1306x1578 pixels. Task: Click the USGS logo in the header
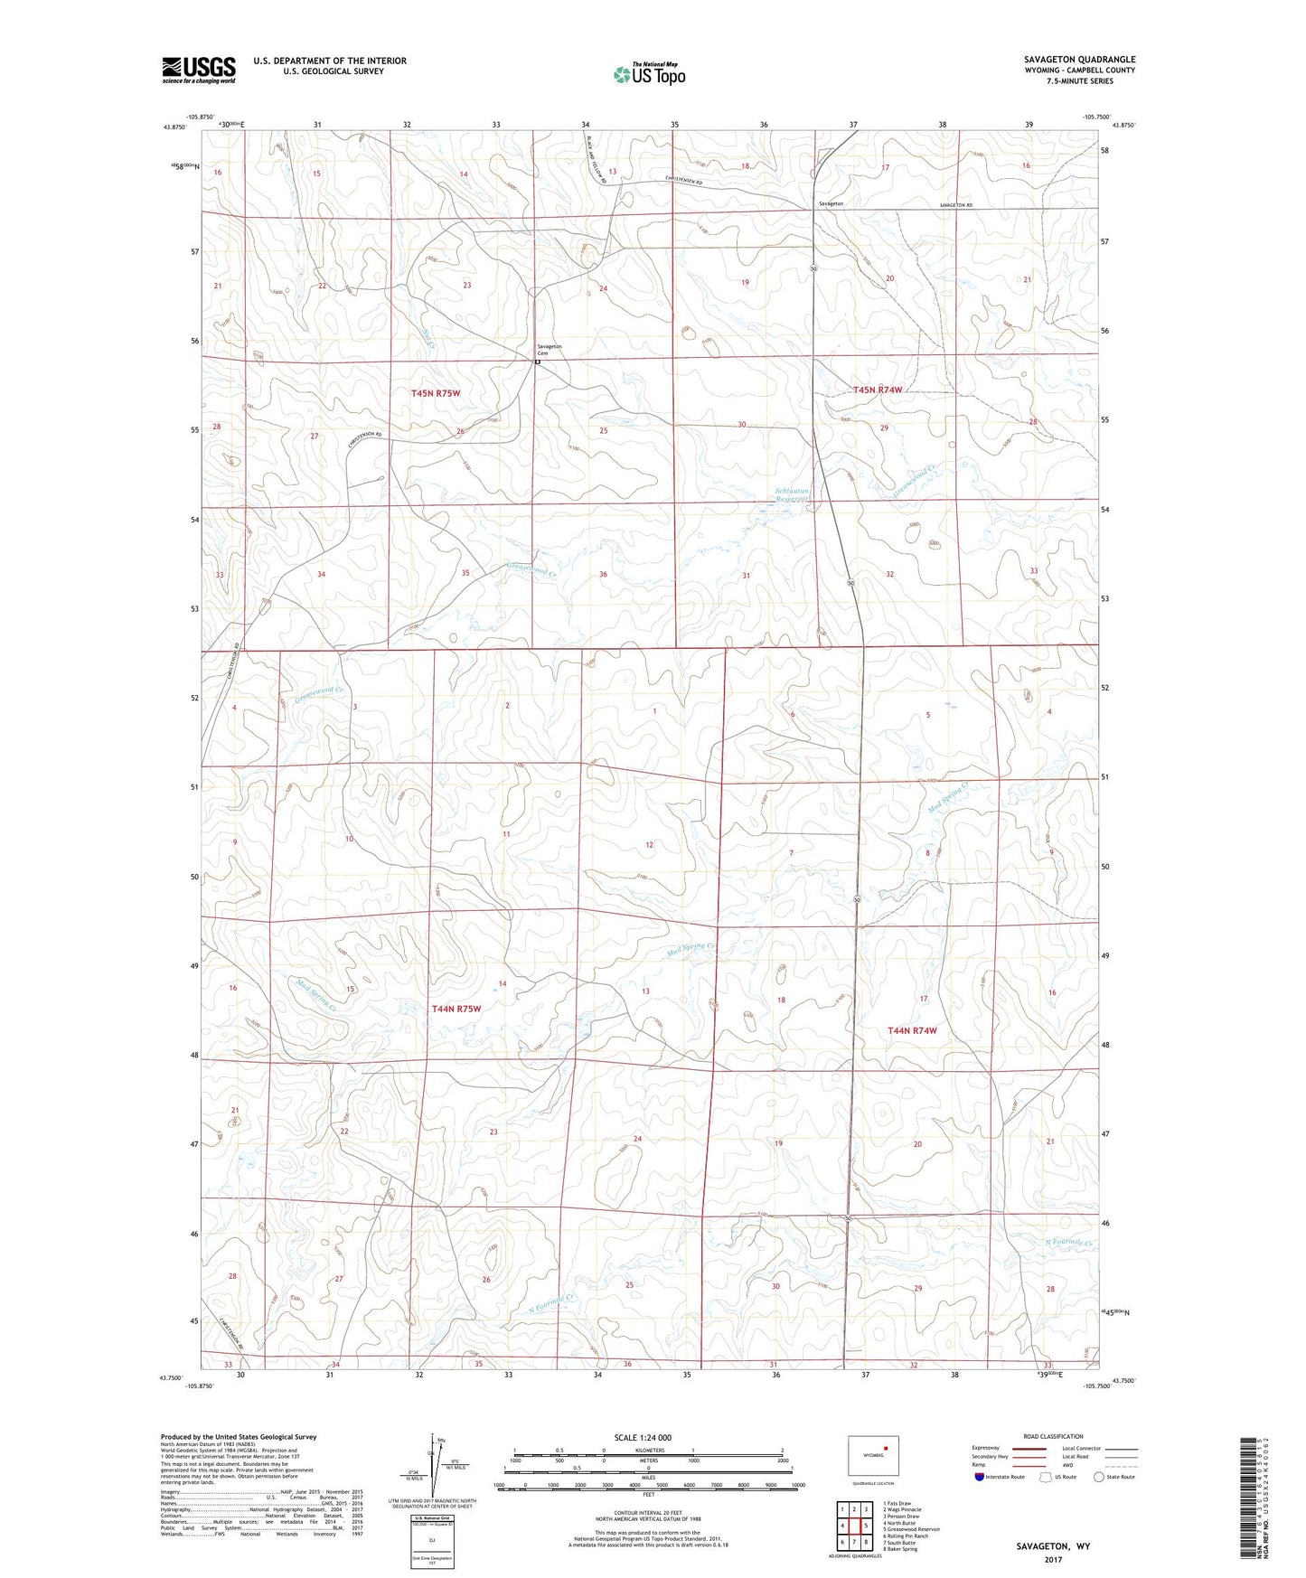198,70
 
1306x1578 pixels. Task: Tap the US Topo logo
649,75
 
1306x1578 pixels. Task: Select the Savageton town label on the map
831,204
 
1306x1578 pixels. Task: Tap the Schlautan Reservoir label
793,496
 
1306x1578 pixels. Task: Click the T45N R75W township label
436,393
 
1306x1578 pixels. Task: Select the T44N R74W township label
912,1030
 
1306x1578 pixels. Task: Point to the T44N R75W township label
456,1009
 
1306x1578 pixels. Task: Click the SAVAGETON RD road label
955,205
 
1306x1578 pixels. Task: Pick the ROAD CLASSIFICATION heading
1054,1436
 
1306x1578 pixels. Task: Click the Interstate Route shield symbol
980,1477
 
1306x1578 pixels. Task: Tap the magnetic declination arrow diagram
436,1465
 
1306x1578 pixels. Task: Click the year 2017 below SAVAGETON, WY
1053,1559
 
